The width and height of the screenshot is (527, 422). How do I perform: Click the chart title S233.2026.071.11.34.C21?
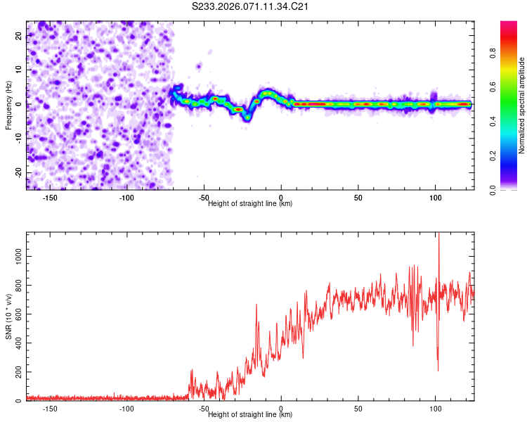pos(252,7)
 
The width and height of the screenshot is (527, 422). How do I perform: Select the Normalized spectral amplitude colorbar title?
pos(522,105)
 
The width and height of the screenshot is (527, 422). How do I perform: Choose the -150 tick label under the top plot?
pos(50,198)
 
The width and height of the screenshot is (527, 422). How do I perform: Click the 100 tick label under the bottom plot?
pos(436,409)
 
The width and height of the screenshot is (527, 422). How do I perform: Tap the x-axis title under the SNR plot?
pos(250,415)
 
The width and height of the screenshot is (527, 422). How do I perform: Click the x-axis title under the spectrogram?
pos(250,204)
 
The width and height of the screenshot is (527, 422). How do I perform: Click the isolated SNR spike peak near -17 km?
pos(256,305)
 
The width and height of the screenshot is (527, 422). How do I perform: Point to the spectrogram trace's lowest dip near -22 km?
pos(247,118)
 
